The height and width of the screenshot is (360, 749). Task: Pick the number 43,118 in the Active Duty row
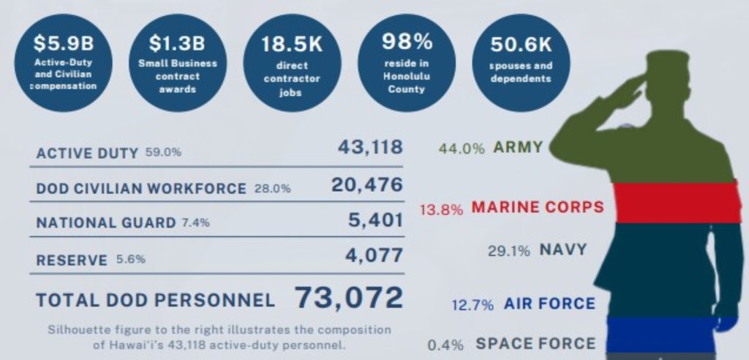point(369,147)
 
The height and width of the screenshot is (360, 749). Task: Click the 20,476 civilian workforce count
point(366,185)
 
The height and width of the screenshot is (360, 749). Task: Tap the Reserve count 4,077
point(376,255)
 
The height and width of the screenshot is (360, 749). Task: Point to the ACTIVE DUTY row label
point(86,153)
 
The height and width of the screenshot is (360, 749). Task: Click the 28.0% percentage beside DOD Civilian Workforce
point(272,189)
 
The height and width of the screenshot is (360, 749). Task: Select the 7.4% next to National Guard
point(195,223)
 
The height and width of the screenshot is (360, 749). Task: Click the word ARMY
point(518,148)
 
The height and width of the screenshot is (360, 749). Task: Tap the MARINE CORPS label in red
point(538,207)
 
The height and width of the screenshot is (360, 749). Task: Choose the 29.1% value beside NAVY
point(509,250)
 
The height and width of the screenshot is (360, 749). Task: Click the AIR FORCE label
point(549,304)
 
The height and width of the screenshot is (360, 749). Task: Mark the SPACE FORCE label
point(535,343)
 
